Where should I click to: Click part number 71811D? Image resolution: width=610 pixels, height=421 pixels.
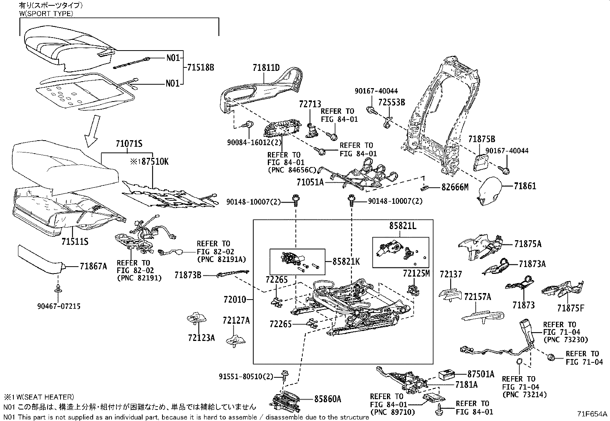[266, 67]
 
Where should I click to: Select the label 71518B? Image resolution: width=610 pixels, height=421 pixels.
[200, 67]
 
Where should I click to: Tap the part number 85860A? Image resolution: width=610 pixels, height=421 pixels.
[327, 399]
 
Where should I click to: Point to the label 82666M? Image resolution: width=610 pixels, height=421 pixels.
[455, 187]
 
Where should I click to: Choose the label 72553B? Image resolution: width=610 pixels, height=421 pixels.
[392, 102]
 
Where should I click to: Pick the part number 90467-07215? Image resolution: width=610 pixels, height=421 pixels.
[59, 306]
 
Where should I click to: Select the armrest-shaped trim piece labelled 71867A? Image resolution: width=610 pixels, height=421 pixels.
[40, 259]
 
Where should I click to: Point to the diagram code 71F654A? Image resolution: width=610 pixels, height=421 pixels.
[592, 414]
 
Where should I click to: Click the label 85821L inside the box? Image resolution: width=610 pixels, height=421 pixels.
[403, 226]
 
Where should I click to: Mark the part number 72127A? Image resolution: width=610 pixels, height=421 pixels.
[236, 320]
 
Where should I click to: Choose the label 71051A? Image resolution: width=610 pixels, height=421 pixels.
[310, 182]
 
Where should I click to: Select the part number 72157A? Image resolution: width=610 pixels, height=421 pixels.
[477, 297]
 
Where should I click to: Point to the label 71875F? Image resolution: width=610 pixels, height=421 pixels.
[571, 308]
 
